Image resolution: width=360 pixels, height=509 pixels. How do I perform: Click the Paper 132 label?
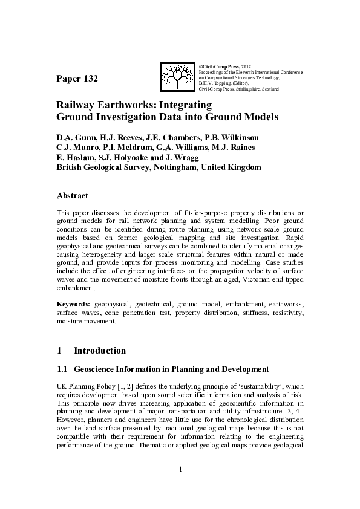click(77, 79)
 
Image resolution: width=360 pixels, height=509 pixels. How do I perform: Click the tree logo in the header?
click(177, 77)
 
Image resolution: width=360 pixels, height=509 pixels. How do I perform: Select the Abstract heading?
click(72, 196)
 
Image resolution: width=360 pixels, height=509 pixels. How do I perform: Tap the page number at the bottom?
click(180, 469)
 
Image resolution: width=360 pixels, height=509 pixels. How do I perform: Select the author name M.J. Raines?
click(234, 146)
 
